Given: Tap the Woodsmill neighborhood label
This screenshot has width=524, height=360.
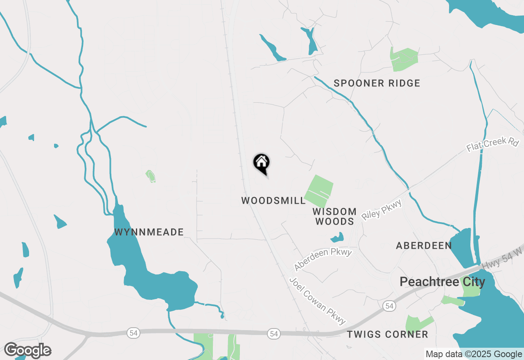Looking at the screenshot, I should click(x=273, y=201).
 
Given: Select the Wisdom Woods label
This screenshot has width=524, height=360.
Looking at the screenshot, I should click(x=334, y=216).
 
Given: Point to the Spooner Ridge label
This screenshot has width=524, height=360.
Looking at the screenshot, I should click(x=377, y=83).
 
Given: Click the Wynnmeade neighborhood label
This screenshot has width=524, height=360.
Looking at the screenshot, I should click(x=149, y=232).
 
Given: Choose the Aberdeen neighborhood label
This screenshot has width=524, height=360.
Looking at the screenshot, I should click(x=424, y=246).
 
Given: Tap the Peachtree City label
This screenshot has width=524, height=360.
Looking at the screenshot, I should click(x=442, y=282).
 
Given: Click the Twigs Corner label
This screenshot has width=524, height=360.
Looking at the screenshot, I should click(x=387, y=335).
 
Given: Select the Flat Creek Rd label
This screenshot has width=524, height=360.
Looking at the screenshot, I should click(x=493, y=145).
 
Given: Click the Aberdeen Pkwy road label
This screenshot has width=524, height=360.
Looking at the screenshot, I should click(x=323, y=259).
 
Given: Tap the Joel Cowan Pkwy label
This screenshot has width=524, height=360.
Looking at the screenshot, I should click(x=318, y=301).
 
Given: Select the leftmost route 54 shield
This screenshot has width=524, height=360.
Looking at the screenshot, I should click(x=133, y=333).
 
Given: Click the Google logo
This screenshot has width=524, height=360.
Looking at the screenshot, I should click(x=27, y=351).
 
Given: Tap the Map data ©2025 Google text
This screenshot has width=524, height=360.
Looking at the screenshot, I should click(x=473, y=354).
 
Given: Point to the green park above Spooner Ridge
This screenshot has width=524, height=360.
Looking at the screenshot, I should click(x=403, y=59).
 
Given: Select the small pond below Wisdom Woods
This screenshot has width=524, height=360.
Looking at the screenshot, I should click(x=337, y=237).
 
